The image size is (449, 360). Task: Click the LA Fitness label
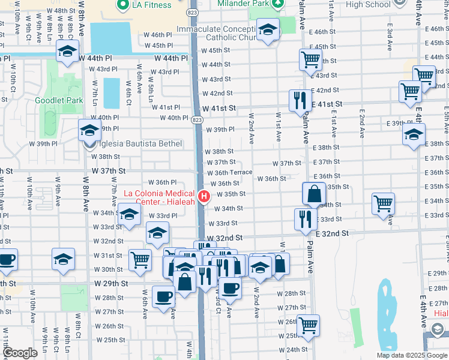tap(151, 5)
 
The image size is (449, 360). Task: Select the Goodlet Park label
tap(59, 100)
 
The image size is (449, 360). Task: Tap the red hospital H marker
tap(204, 196)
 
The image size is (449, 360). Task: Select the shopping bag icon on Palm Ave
tap(314, 194)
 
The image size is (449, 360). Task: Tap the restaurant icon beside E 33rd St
tap(306, 220)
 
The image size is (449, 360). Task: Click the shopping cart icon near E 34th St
tap(383, 204)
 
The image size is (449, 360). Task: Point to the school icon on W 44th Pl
tap(67, 52)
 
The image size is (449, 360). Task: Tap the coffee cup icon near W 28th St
tap(163, 297)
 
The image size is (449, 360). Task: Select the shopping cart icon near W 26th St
tap(308, 325)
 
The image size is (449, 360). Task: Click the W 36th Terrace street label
tap(229, 173)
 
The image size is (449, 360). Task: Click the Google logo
tap(20, 353)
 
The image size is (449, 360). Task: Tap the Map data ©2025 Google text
tap(412, 355)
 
